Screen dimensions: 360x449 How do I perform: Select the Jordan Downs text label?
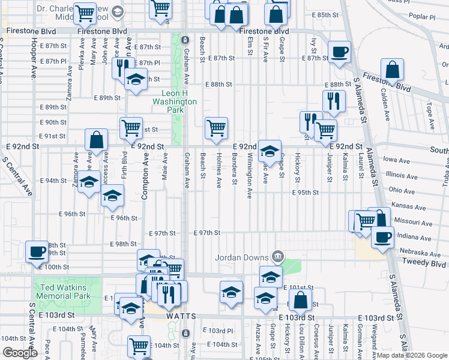tap(242, 257)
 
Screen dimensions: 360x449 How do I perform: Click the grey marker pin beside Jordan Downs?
tap(277, 257)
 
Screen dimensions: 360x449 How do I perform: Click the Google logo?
tap(20, 353)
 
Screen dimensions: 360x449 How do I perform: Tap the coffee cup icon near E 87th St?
tap(339, 52)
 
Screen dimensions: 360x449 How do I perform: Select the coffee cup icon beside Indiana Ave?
tap(382, 236)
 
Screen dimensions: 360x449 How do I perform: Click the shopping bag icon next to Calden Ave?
tap(392, 71)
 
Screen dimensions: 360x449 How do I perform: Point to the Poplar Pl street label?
tap(436, 18)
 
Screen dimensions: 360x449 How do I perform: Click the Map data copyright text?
tap(408, 355)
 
